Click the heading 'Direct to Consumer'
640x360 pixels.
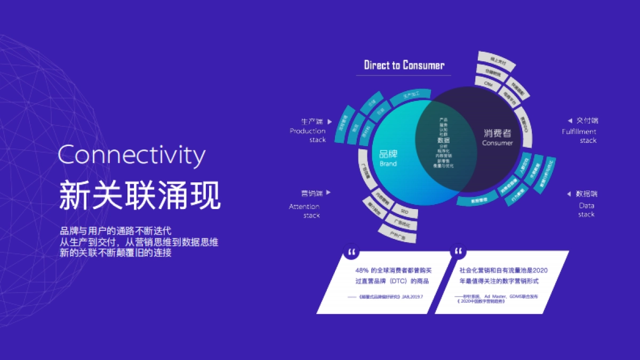pos(404,66)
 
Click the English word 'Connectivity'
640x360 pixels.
pos(131,155)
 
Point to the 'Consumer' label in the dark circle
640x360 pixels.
pos(497,143)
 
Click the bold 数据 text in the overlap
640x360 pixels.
pos(443,140)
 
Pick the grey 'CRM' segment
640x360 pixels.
pos(488,84)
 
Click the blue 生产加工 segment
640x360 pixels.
pos(410,96)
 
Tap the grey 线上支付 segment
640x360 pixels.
pos(495,61)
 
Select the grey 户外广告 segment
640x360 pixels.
pos(397,233)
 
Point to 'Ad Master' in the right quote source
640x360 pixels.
pos(494,295)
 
